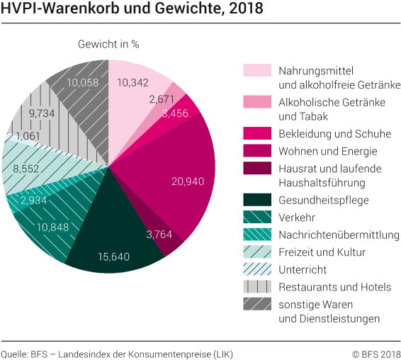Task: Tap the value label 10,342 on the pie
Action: click(x=132, y=83)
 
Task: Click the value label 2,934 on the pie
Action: click(x=35, y=201)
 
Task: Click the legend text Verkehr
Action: click(x=298, y=218)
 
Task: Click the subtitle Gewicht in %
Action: click(x=108, y=44)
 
